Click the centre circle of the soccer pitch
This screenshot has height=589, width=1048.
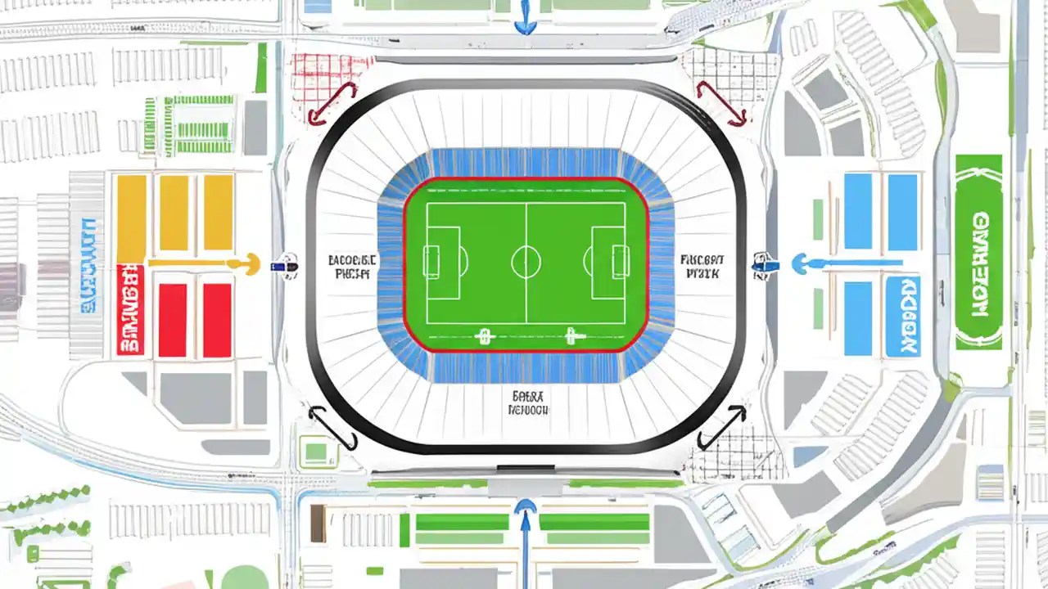click(x=526, y=263)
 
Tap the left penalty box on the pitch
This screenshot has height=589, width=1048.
click(x=442, y=263)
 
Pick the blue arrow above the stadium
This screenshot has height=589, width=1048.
click(x=525, y=18)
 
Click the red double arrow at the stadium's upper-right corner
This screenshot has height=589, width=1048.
click(x=721, y=102)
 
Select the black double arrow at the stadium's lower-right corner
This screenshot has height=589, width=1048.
click(x=721, y=427)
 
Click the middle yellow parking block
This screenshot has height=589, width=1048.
click(x=174, y=213)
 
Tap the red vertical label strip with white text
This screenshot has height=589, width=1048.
click(x=131, y=309)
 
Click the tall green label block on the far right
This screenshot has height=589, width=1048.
click(x=978, y=251)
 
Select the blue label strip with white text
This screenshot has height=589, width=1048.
click(x=903, y=317)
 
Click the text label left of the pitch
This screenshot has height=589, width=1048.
click(x=353, y=267)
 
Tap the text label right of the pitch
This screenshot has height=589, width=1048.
click(x=700, y=267)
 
